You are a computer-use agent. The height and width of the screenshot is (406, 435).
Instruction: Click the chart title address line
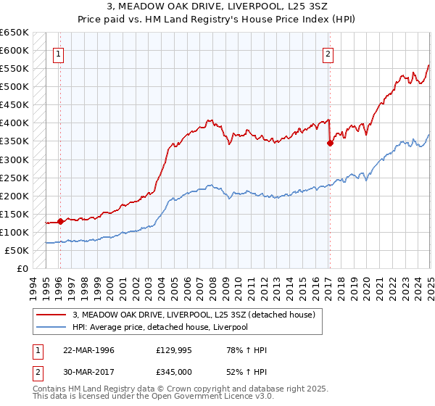pos(217,7)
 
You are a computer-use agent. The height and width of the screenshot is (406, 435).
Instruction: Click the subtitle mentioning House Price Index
pos(217,20)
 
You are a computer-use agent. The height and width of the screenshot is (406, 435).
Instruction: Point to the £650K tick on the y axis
pos(14,33)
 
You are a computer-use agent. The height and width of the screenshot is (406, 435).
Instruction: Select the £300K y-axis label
pos(14,159)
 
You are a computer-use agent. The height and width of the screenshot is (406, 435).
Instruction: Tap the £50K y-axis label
pos(17,250)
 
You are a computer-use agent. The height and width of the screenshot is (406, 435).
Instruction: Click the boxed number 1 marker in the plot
pos(58,53)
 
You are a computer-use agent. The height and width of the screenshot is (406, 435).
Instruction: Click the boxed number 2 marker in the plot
pos(328,53)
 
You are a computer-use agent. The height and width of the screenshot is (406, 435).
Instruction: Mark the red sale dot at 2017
pos(330,143)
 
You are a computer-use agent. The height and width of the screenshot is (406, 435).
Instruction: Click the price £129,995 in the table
pos(174,350)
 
